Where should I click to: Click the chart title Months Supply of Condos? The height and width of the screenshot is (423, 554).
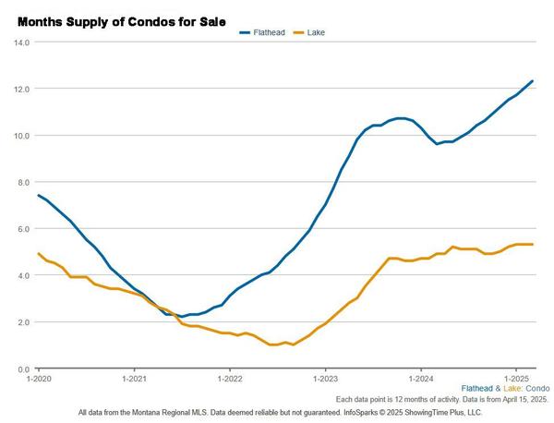[120, 19]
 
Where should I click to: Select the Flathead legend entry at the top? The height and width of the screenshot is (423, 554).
[267, 32]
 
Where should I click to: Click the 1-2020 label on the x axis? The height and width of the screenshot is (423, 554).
[39, 379]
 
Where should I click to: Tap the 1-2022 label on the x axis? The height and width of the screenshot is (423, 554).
[230, 379]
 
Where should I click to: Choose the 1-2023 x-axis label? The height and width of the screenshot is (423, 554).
[325, 379]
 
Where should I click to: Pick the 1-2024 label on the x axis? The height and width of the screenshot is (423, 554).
[421, 379]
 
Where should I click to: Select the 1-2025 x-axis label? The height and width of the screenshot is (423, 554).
[516, 379]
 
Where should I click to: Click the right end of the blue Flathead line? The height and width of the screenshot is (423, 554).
[533, 81]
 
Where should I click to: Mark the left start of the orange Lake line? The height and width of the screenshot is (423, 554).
[39, 253]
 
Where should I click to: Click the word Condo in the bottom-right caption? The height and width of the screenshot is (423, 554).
[536, 389]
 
